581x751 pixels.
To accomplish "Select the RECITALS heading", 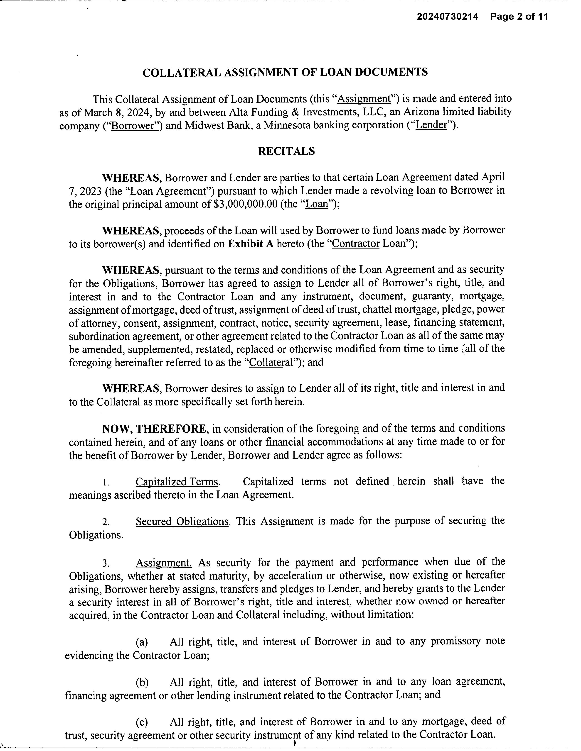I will (x=286, y=151).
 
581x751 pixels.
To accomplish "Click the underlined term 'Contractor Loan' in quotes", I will (x=369, y=244).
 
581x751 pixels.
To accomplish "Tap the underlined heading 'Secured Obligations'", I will (x=182, y=522).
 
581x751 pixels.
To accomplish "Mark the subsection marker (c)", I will (x=142, y=722).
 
